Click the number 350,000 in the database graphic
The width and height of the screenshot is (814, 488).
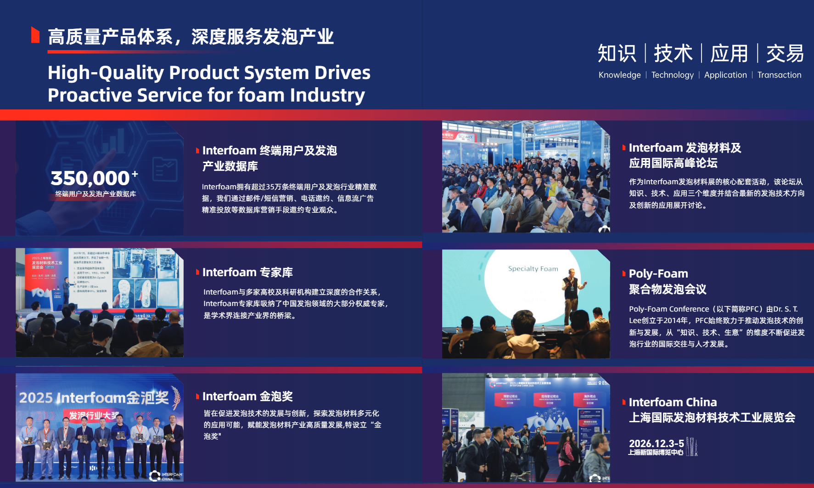click(x=90, y=178)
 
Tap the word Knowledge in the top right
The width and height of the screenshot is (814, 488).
click(x=619, y=75)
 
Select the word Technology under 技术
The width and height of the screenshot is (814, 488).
click(x=672, y=75)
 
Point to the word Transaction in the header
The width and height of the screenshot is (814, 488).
click(x=779, y=75)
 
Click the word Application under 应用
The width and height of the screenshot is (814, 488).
click(x=725, y=75)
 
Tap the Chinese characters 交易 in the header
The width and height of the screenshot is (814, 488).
click(x=785, y=53)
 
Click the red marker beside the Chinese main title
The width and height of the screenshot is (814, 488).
click(x=35, y=35)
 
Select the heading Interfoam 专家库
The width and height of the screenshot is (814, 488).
click(x=247, y=272)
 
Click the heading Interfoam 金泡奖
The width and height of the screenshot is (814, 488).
click(x=247, y=396)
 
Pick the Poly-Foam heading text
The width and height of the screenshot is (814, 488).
click(x=658, y=274)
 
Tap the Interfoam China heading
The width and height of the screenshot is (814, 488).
click(x=673, y=403)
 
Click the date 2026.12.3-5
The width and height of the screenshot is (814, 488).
click(x=656, y=443)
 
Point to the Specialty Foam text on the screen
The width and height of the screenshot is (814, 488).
click(x=533, y=269)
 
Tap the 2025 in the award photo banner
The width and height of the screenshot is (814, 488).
click(x=36, y=397)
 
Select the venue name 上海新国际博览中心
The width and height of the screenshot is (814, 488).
click(x=656, y=453)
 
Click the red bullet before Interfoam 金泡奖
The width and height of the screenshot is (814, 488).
click(x=197, y=396)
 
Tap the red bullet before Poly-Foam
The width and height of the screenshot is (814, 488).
click(x=624, y=274)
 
